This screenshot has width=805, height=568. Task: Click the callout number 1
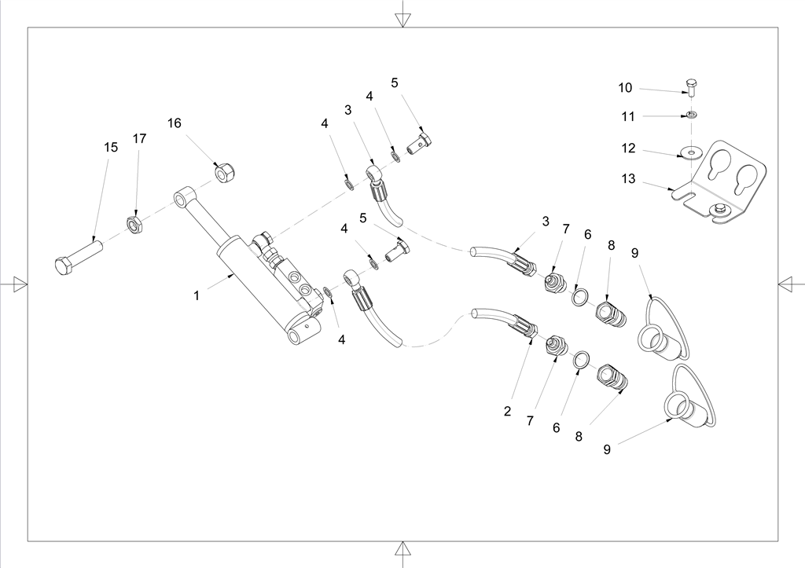tap(198, 296)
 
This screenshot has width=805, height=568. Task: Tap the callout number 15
tap(111, 147)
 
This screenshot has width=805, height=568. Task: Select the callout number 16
tap(174, 123)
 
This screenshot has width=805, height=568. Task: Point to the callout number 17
tap(139, 139)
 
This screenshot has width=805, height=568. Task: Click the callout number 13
tap(628, 179)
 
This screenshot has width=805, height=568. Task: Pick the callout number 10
tap(625, 88)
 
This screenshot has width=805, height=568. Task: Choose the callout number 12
tap(628, 148)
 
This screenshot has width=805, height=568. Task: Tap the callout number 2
tap(507, 411)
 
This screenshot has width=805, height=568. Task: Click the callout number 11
tap(628, 116)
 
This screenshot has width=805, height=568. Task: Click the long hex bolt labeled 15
tap(79, 256)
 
